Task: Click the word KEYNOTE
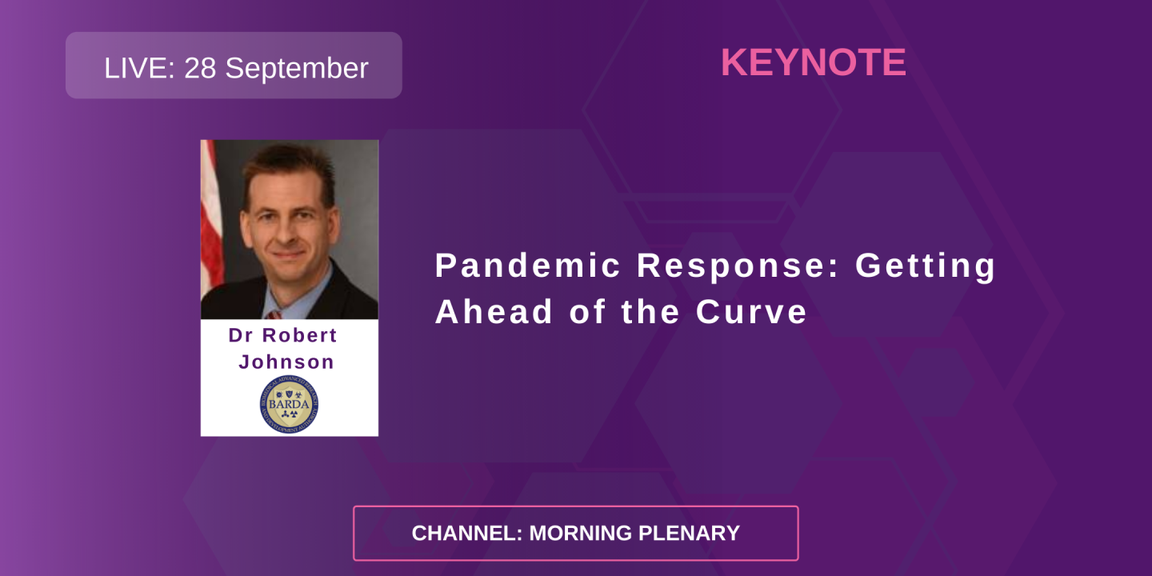(x=813, y=63)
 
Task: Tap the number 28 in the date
(x=201, y=68)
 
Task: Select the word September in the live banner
(x=296, y=70)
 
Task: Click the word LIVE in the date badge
(x=138, y=68)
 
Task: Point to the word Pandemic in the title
(x=528, y=266)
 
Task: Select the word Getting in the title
(x=926, y=266)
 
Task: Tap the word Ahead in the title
(x=494, y=312)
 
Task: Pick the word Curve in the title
(x=751, y=312)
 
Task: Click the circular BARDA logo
(x=289, y=405)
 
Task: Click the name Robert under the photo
(x=301, y=335)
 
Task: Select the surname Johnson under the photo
(x=286, y=362)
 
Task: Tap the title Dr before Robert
(x=241, y=335)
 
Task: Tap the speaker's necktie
(x=274, y=314)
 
